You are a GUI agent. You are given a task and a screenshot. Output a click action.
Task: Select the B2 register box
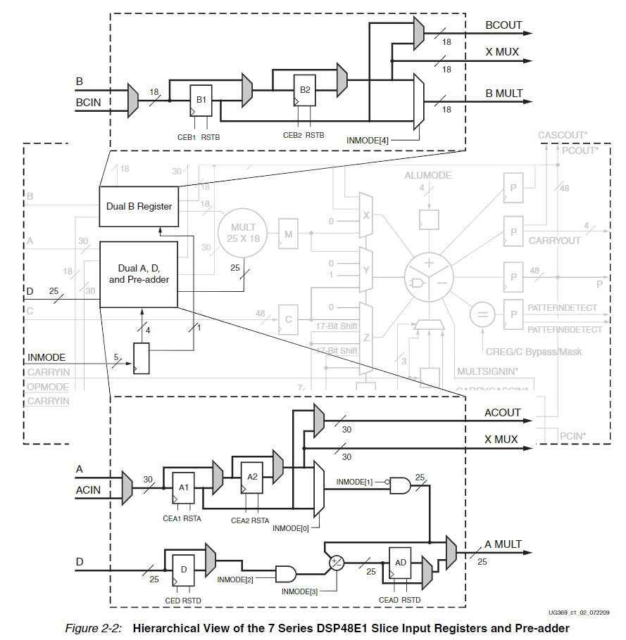[305, 90]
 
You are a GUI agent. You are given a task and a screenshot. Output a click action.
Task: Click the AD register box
[400, 563]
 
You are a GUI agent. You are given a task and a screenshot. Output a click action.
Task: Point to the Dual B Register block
[139, 207]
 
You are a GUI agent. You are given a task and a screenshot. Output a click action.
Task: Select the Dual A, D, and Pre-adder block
[139, 274]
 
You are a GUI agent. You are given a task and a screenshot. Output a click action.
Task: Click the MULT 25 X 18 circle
[243, 233]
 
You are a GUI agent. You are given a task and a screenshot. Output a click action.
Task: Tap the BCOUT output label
[503, 25]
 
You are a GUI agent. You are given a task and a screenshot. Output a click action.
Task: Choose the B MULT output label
[503, 93]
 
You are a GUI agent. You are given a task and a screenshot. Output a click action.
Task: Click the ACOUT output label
[503, 413]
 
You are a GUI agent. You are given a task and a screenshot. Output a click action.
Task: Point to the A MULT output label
[503, 544]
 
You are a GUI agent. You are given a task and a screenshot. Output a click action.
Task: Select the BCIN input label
[89, 103]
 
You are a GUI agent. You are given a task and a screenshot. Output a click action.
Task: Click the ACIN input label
[88, 489]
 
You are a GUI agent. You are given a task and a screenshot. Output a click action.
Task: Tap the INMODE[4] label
[368, 140]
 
